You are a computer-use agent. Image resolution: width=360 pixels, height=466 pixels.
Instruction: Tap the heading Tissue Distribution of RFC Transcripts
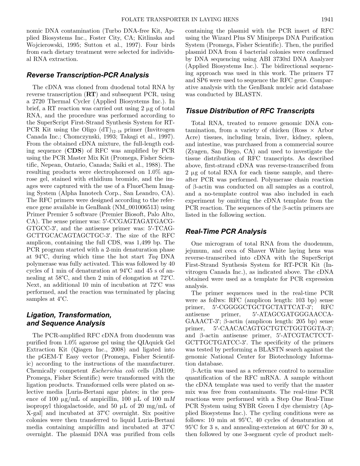click(250, 111)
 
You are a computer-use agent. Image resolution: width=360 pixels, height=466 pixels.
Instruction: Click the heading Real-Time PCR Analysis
click(226, 231)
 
